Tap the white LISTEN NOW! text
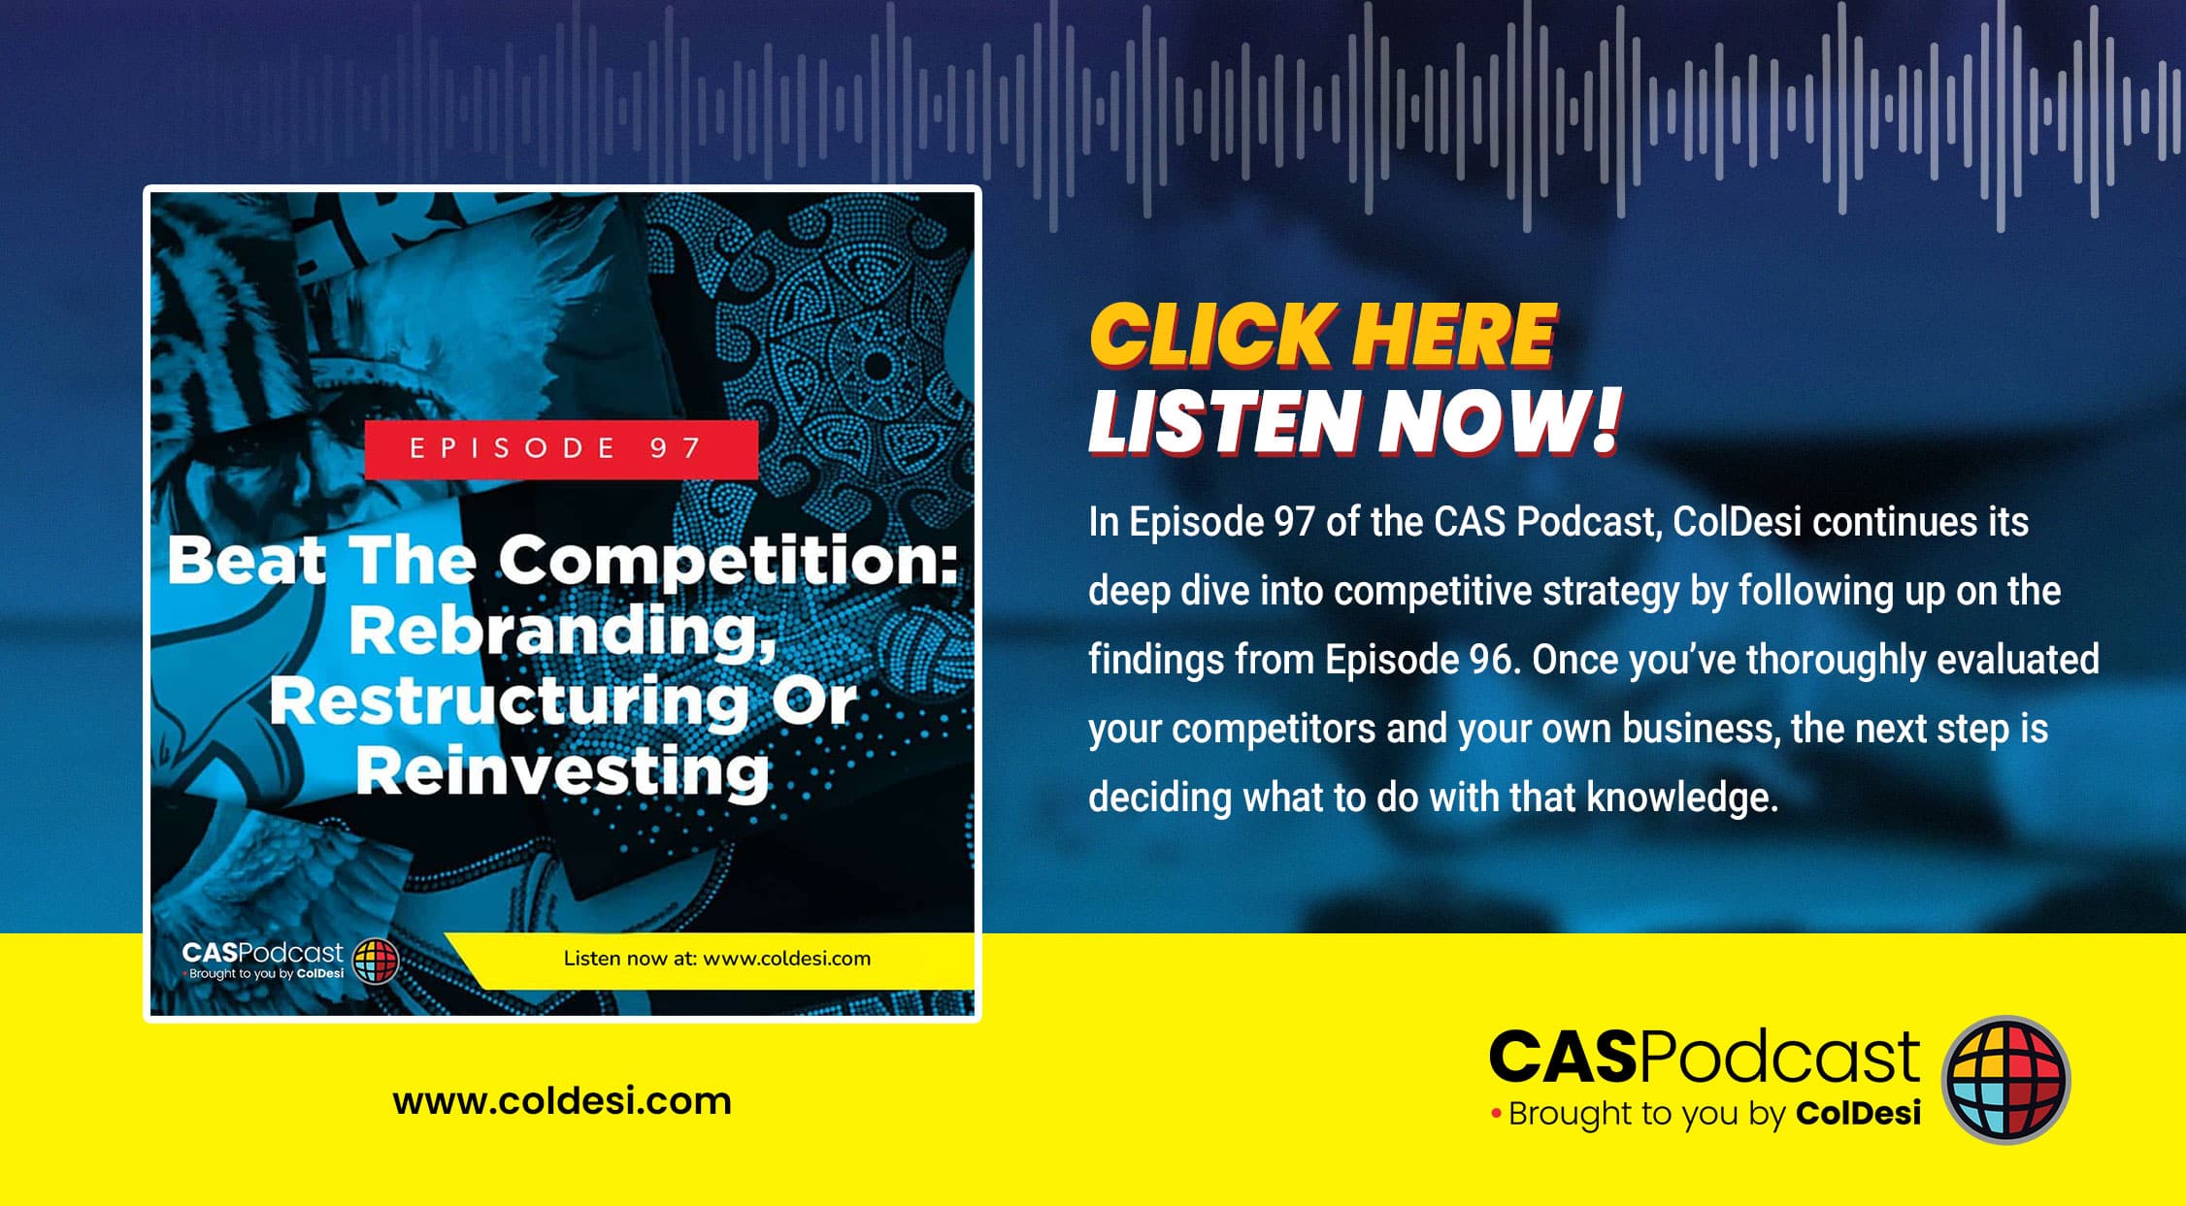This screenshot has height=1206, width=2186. point(1355,421)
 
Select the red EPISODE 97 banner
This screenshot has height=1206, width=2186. point(561,449)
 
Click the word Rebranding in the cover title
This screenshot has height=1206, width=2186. point(563,632)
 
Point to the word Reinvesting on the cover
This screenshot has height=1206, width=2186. point(563,772)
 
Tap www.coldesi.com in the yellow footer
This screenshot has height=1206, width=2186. point(562,1101)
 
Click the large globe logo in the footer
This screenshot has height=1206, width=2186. point(2005,1080)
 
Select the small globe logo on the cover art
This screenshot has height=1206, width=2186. point(376,962)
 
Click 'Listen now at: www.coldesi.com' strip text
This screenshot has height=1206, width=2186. point(717,959)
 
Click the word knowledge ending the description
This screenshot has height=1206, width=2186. point(1682,798)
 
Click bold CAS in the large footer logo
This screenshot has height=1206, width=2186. point(1564,1057)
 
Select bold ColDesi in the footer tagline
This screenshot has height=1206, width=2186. point(1858,1113)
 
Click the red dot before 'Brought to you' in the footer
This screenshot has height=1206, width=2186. point(1496,1114)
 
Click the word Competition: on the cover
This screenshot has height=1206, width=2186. point(729,563)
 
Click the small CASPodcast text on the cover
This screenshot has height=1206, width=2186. point(262,953)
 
